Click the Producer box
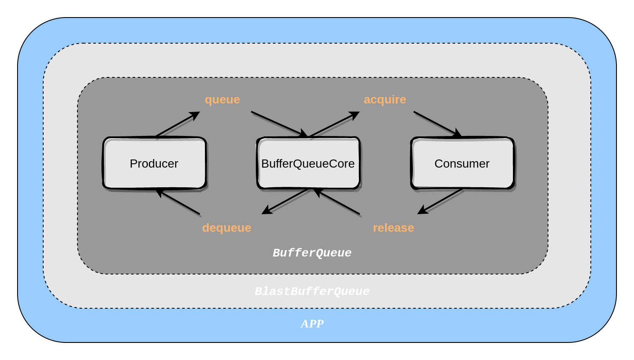coord(154,163)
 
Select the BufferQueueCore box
coord(308,163)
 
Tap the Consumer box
coord(462,163)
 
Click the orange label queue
coord(222,100)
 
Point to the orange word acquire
coord(385,100)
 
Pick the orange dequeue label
coord(226,228)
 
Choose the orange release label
coord(393,228)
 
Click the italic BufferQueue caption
coord(312,253)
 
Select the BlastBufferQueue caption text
coord(312,292)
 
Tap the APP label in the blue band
coord(312,324)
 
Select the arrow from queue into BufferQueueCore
coord(278,124)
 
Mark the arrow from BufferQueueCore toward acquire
coord(334,124)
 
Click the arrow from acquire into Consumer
coord(436,124)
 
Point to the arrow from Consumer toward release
coord(441,201)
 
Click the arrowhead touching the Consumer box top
coord(458,134)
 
